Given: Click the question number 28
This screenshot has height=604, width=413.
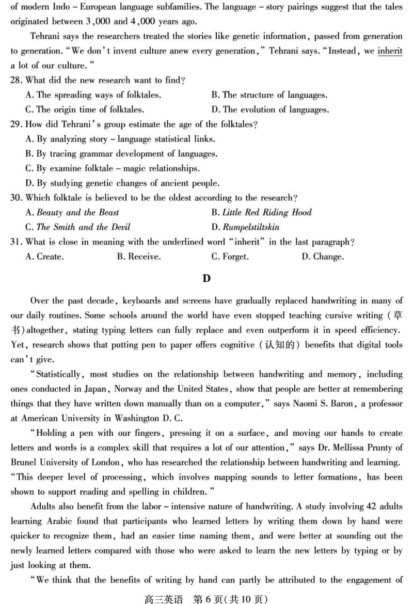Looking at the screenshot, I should coord(16,81).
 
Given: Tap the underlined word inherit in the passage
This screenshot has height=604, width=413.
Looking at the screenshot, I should coord(390,51).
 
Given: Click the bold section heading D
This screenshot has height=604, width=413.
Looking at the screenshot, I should coord(206,279).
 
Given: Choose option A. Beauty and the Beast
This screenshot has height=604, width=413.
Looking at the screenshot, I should coord(72,213).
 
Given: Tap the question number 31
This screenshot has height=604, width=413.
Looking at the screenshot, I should coord(16,242).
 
